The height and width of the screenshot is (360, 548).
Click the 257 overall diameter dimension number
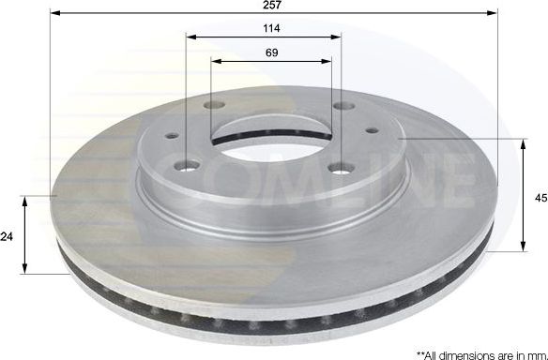pyautogui.click(x=272, y=6)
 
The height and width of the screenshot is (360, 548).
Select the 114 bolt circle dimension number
pyautogui.click(x=272, y=29)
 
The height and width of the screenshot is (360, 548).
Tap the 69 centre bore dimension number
pyautogui.click(x=272, y=53)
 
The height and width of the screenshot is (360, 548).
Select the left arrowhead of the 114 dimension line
pyautogui.click(x=190, y=37)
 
